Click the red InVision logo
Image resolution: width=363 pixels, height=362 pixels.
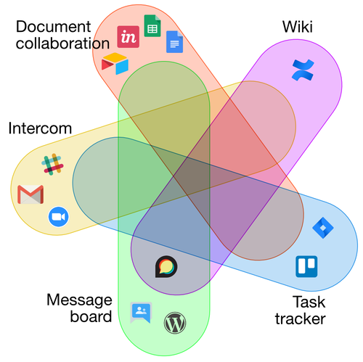click(129, 37)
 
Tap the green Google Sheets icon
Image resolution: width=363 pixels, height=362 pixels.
click(152, 26)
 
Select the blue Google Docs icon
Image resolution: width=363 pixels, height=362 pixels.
click(174, 42)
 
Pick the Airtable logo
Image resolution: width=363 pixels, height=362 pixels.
click(115, 63)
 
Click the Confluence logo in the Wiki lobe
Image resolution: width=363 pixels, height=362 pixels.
click(303, 70)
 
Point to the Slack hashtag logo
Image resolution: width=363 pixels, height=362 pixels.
click(52, 165)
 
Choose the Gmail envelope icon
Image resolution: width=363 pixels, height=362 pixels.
click(30, 194)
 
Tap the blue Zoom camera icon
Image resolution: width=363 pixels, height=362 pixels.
click(59, 217)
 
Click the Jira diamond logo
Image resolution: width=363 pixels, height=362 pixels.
click(323, 228)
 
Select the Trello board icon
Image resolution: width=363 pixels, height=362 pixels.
click(306, 266)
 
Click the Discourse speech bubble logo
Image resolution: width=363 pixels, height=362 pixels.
click(166, 266)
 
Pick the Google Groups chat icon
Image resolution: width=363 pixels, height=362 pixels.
click(141, 313)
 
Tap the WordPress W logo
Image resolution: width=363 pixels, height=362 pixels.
click(175, 323)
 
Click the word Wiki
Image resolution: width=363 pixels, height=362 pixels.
click(298, 27)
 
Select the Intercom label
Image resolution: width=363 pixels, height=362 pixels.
click(40, 128)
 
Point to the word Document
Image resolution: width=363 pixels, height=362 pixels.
click(54, 27)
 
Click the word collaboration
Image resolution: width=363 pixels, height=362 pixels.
click(63, 44)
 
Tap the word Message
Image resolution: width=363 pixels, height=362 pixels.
click(79, 300)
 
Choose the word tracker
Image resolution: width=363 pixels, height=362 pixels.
click(301, 318)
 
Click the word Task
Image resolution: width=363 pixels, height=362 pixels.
click(309, 302)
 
